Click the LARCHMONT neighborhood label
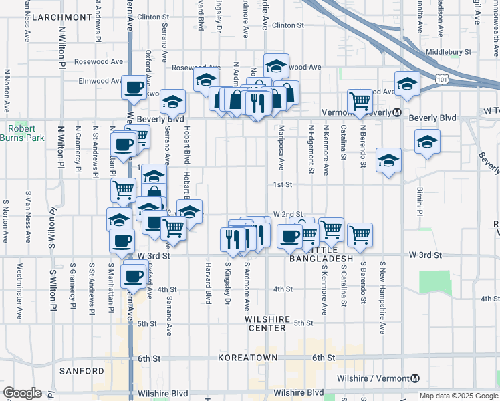tap(61, 17)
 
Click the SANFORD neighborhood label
tap(82, 370)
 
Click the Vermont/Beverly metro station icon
tap(396, 112)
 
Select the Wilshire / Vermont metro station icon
tap(415, 378)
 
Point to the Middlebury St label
tap(449, 51)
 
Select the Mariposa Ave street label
tap(281, 146)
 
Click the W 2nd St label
tap(288, 214)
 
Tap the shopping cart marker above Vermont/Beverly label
tap(360, 101)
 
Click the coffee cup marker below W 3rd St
tap(133, 274)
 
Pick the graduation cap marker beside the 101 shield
tap(406, 83)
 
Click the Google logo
tap(22, 393)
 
